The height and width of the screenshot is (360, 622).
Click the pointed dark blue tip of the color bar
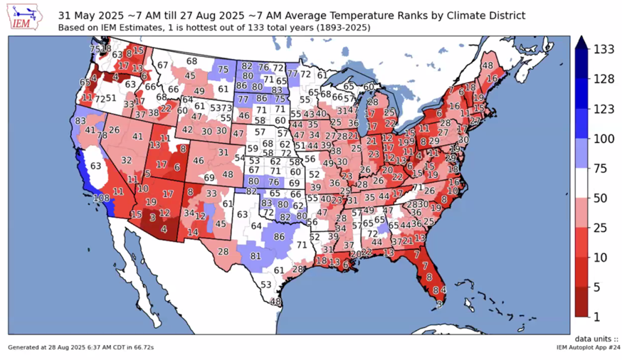[x=580, y=42]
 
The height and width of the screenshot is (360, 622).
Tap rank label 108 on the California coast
[x=101, y=197]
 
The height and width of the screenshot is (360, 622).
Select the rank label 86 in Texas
[x=280, y=236]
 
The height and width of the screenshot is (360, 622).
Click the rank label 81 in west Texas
[x=256, y=255]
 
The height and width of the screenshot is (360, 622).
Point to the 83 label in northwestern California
[x=80, y=122]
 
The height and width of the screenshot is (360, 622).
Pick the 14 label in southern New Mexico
[x=193, y=232]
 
